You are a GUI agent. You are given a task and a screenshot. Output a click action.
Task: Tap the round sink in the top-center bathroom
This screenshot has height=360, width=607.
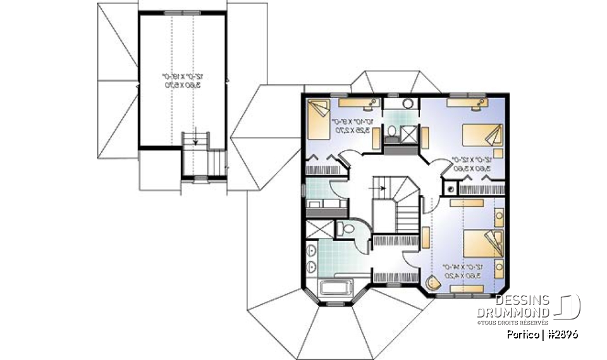[408, 104]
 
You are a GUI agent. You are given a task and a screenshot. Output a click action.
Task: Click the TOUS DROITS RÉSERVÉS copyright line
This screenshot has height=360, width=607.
[514, 323]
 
